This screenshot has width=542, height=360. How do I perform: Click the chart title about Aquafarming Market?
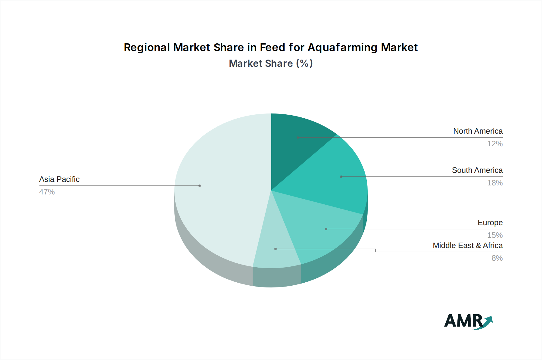[271, 48]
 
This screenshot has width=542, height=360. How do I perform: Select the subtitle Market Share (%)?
[271, 64]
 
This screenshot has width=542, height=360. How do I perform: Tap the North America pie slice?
[295, 144]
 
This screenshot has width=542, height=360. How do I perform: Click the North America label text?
[478, 131]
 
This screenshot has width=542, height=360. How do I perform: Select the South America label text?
[477, 170]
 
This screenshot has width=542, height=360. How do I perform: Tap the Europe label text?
[490, 223]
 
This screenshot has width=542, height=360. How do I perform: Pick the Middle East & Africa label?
[468, 246]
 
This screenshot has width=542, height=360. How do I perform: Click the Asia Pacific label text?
[59, 179]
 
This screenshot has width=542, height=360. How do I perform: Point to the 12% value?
[495, 144]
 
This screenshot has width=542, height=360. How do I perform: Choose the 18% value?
[495, 183]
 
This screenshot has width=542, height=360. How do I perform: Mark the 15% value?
[495, 235]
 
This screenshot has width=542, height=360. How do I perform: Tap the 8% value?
[497, 258]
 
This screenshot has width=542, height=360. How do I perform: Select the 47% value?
[47, 192]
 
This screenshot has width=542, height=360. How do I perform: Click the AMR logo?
[468, 321]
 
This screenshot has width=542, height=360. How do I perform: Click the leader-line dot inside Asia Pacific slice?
[200, 186]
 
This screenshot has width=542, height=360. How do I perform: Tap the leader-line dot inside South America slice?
[341, 177]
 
